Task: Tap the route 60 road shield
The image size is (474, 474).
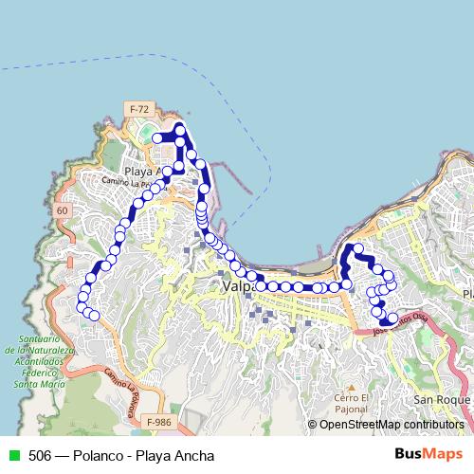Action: point(63,209)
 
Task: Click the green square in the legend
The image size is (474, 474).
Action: point(12,455)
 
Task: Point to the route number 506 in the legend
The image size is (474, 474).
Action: point(40,455)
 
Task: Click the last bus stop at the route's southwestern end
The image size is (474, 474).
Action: point(94,316)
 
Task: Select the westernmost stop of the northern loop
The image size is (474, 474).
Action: point(157,138)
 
